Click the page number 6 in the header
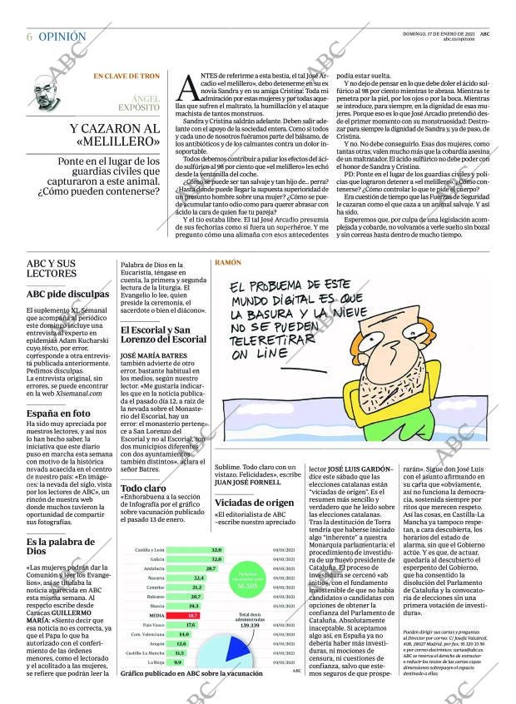[x=29, y=37]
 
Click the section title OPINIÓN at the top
[x=62, y=37]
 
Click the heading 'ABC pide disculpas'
[x=67, y=294]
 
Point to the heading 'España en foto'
[x=58, y=413]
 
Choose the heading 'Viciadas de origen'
[x=254, y=503]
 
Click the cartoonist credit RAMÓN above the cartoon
[x=228, y=261]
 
